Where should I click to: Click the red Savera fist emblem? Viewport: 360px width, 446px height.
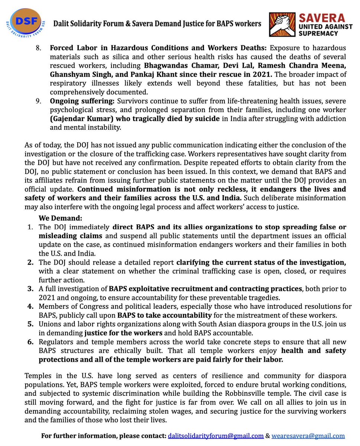pyautogui.click(x=282, y=25)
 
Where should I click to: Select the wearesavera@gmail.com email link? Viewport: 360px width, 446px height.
pyautogui.click(x=308, y=436)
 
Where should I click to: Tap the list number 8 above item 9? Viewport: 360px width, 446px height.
pyautogui.click(x=42, y=49)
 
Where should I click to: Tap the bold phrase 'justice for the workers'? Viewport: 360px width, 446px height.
pyautogui.click(x=116, y=332)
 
